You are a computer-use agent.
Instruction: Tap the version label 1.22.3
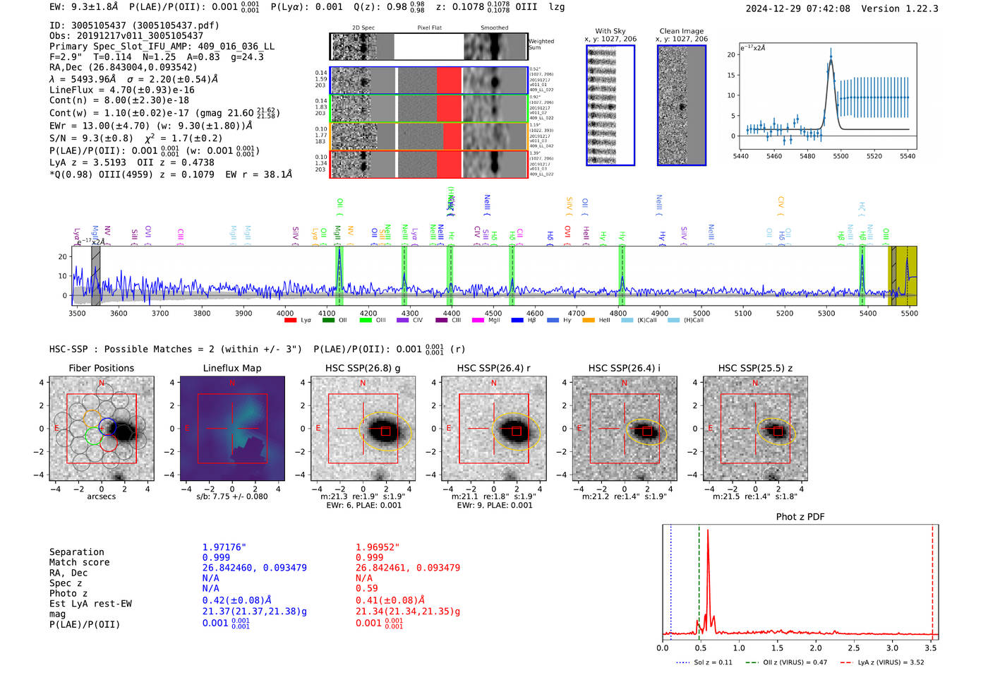tap(920, 9)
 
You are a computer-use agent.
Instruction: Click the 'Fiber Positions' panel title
tap(101, 368)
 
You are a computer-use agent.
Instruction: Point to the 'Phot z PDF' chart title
tap(800, 517)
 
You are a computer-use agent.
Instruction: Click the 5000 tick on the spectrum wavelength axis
tap(701, 314)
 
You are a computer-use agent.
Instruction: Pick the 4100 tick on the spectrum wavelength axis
tap(327, 314)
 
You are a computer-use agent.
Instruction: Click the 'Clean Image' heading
tap(681, 31)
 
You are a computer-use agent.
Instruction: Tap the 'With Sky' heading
tap(610, 31)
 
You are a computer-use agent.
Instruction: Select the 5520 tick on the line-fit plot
tap(874, 156)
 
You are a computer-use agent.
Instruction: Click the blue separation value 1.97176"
tap(224, 547)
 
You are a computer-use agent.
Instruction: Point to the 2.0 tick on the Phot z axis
tap(815, 648)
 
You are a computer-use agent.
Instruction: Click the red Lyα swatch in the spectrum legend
tap(290, 321)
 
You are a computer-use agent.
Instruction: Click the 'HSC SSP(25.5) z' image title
tap(755, 368)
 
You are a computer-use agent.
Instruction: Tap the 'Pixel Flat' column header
tap(429, 28)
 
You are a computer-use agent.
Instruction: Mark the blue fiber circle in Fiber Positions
tap(107, 426)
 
